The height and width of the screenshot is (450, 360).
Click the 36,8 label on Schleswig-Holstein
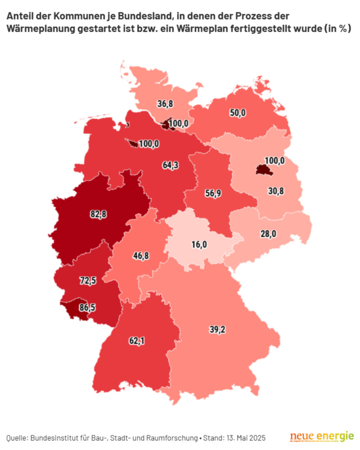coord(165,104)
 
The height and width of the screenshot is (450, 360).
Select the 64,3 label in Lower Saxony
coord(170,165)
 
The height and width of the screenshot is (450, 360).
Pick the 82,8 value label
coord(98,214)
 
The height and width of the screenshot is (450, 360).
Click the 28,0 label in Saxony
coord(268,234)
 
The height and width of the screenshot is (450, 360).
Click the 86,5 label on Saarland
coord(87,308)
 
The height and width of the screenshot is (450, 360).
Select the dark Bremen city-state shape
coord(133,144)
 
